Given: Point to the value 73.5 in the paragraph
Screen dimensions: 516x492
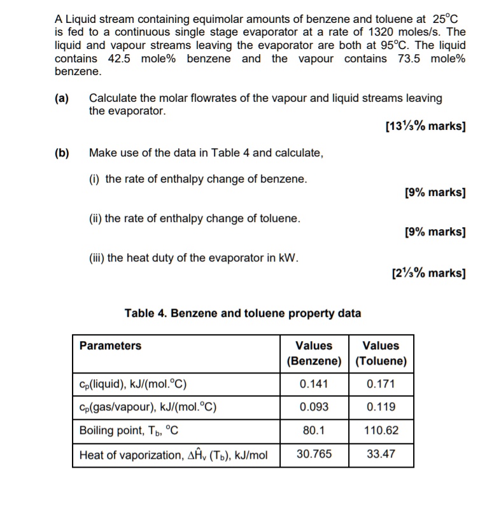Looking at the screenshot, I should point(406,59).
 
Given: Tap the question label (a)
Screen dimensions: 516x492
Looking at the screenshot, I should point(62,98).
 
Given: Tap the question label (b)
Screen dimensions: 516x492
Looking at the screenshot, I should point(62,153).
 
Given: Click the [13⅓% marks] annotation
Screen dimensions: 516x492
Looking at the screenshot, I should point(426,126).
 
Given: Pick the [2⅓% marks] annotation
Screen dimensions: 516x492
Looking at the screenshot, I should point(430,274).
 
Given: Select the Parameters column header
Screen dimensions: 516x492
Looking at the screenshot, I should point(110,346).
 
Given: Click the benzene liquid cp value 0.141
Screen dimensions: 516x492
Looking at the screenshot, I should point(314,384).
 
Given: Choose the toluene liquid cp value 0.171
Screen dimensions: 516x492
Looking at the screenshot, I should point(381,384).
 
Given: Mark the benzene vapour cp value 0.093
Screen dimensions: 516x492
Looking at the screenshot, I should point(314,407).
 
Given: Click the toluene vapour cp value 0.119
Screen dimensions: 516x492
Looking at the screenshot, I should point(381,407).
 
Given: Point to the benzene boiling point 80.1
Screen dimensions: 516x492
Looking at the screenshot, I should point(314,431).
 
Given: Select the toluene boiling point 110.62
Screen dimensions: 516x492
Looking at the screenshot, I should point(381,431).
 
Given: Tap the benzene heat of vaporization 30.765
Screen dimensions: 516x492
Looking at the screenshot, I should point(314,454).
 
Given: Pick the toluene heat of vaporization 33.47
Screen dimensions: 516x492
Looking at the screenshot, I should point(381,454).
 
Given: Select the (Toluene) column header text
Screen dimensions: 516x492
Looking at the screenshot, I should point(381,361).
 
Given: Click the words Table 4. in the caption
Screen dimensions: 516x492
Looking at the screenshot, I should point(146,313).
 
